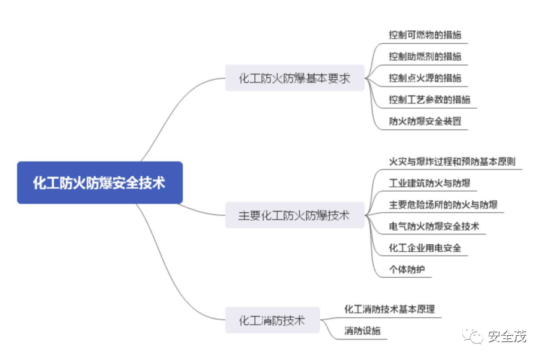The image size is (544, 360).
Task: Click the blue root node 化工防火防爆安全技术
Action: (x=100, y=183)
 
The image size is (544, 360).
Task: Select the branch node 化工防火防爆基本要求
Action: (x=295, y=79)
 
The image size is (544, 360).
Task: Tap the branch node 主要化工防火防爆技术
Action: (x=295, y=215)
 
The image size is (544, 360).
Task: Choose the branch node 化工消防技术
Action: (x=272, y=320)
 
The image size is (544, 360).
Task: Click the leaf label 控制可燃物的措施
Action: (x=425, y=35)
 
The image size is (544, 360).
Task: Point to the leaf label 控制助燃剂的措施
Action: (x=425, y=56)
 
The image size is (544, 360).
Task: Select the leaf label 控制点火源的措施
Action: (x=425, y=78)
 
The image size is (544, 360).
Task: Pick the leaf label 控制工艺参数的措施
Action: (x=429, y=100)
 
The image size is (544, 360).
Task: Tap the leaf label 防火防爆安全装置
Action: (x=425, y=121)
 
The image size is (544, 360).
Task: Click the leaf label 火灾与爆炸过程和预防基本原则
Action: (x=452, y=162)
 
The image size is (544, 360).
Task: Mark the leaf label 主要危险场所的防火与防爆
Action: (x=443, y=205)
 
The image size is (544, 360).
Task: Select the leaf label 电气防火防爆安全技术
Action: (x=434, y=226)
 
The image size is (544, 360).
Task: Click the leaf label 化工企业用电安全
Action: (x=425, y=248)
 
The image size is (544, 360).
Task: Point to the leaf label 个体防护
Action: (x=407, y=270)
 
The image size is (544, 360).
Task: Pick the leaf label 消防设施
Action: (x=363, y=331)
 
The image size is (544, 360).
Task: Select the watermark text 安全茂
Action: (x=507, y=337)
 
